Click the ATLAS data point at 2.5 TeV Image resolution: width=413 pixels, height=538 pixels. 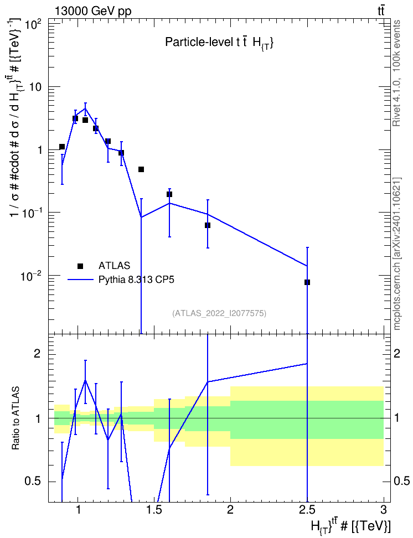point(307,282)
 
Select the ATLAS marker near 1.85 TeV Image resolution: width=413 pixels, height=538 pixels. point(208,225)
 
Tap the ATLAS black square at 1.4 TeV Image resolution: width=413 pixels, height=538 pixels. point(141,169)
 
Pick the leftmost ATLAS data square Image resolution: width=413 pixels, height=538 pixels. point(62,147)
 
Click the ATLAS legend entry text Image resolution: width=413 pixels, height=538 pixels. point(114,266)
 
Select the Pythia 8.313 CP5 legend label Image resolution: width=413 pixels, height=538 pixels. point(136,280)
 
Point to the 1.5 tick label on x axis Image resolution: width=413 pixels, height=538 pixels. point(154,510)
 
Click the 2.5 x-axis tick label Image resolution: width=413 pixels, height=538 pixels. point(307,510)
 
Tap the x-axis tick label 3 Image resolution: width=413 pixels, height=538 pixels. point(383,510)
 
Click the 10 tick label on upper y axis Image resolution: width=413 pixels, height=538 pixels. point(35,87)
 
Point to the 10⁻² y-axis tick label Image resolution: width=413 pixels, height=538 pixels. point(31,276)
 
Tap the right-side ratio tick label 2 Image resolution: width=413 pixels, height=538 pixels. point(397,353)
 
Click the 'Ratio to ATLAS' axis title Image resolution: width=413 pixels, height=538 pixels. point(16,418)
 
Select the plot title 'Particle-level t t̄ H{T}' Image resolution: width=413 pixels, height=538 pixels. point(219,43)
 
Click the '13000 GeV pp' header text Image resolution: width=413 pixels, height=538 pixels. point(92,11)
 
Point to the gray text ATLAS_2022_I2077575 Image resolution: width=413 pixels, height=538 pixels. point(219,313)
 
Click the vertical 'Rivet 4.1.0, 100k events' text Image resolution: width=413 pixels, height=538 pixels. point(396,73)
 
